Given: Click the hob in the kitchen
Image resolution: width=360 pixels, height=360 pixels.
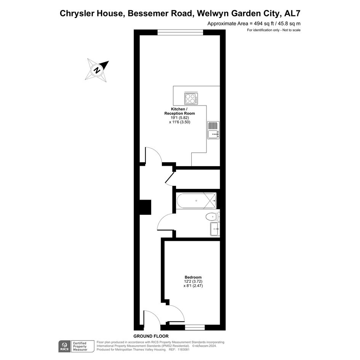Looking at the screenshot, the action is click(x=191, y=99).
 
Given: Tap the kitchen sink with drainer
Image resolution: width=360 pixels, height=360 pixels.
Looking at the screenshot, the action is click(x=213, y=130).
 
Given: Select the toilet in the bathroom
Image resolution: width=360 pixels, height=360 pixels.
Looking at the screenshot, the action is click(x=213, y=217).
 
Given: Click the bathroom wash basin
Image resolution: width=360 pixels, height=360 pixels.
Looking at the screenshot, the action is click(x=215, y=229).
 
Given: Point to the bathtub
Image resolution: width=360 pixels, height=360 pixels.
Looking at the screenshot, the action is click(x=196, y=201).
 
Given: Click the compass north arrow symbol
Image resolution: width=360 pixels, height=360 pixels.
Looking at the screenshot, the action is click(x=97, y=70).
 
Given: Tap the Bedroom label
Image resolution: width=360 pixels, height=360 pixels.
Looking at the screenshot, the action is click(x=193, y=277).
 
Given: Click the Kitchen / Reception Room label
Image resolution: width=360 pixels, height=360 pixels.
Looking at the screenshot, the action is click(x=179, y=111).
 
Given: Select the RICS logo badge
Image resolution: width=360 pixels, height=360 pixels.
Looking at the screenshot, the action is click(x=64, y=346).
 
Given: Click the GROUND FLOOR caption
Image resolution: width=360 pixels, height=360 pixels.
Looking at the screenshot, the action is click(x=151, y=336).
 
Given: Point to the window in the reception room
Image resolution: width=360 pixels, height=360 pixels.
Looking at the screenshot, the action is click(x=180, y=32).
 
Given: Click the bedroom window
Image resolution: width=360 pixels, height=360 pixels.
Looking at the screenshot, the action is click(x=195, y=327).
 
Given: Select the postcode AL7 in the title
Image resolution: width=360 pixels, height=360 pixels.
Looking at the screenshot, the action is click(x=292, y=13).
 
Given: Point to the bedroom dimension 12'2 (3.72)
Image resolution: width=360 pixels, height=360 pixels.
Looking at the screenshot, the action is click(x=193, y=281).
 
